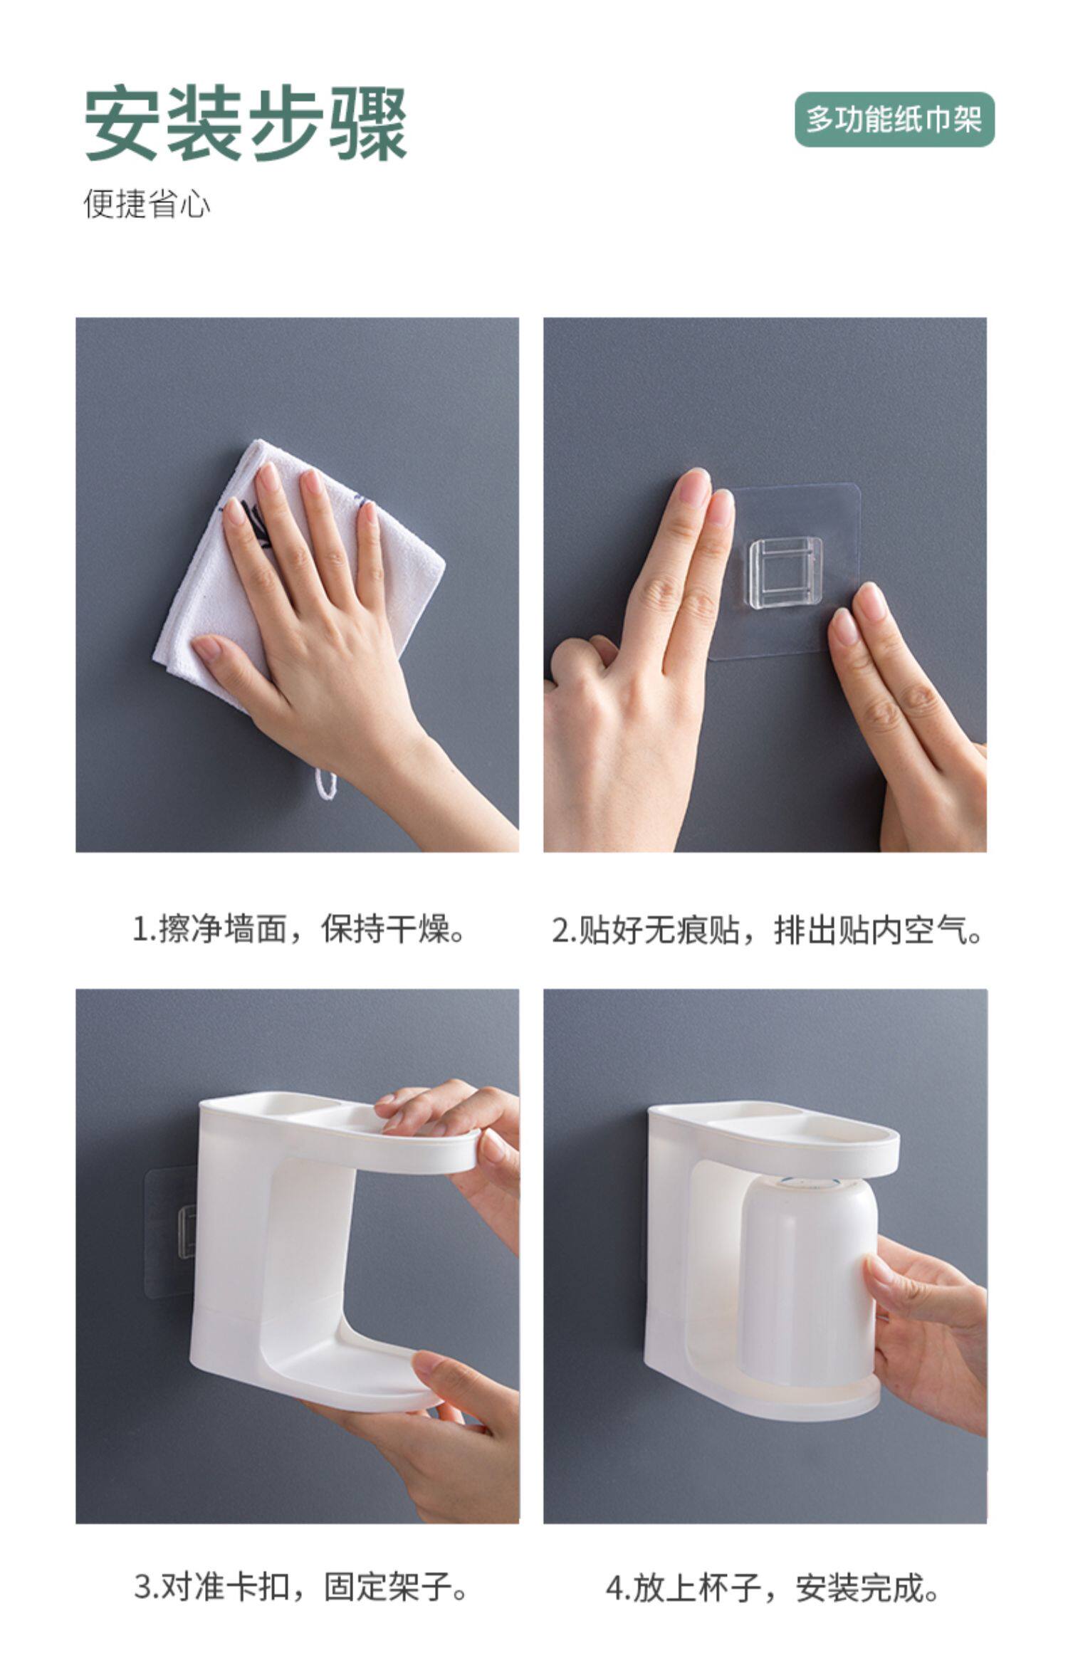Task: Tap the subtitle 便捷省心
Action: (147, 204)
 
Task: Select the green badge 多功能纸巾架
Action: (894, 120)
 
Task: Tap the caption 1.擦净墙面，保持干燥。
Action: (299, 930)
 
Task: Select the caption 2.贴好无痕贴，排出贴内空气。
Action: (767, 930)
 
